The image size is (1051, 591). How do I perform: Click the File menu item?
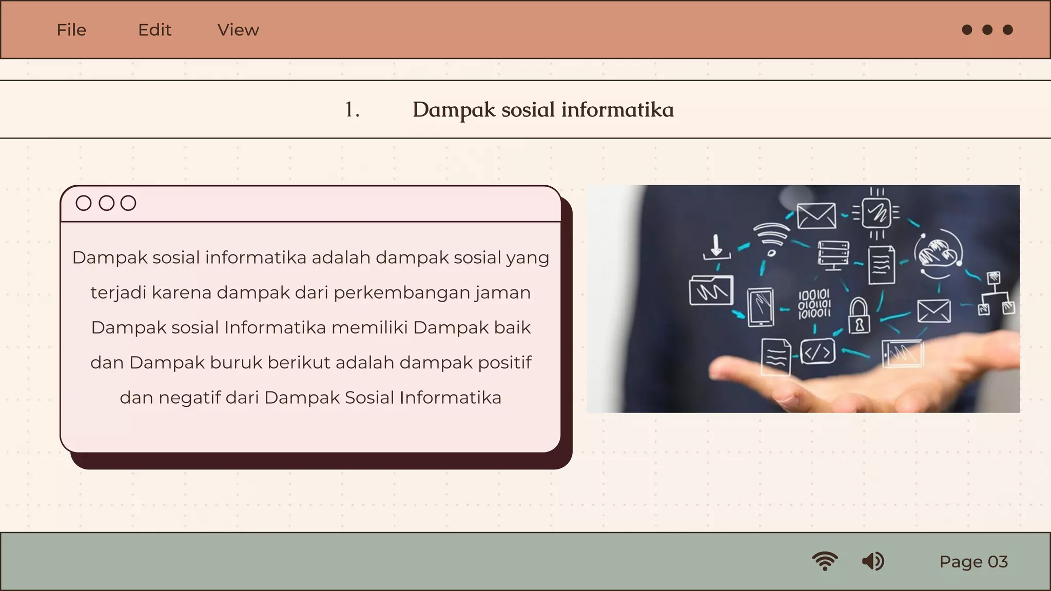[x=71, y=30]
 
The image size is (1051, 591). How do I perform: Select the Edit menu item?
[x=154, y=30]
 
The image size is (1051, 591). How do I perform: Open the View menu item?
[x=238, y=30]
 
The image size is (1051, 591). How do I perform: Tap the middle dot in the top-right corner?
[x=987, y=30]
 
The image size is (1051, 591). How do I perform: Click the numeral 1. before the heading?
[x=352, y=110]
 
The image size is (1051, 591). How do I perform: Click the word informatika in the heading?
[x=617, y=110]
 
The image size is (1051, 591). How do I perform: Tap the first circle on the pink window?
[x=84, y=203]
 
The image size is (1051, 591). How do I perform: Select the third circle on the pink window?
[x=128, y=203]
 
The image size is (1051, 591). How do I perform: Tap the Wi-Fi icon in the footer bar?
[x=825, y=561]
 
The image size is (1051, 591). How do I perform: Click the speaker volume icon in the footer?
[x=873, y=561]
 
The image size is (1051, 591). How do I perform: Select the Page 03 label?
[x=974, y=562]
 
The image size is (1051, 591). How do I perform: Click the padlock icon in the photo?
[x=859, y=316]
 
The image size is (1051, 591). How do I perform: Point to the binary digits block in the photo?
[x=814, y=304]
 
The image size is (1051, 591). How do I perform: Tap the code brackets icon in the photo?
[x=817, y=352]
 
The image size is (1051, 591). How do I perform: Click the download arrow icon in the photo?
[x=716, y=247]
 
